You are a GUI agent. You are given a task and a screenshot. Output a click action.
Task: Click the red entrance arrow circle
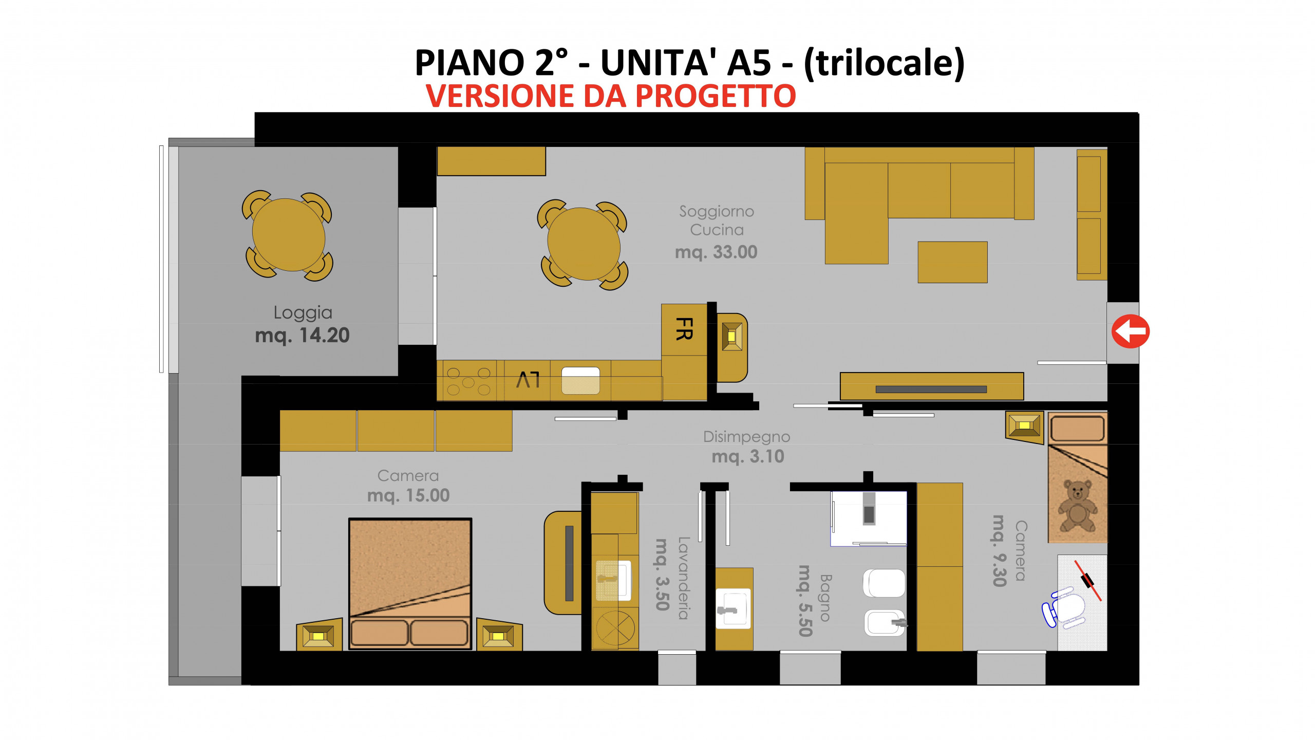1131,331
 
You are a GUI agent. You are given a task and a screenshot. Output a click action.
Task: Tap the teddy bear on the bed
1077,506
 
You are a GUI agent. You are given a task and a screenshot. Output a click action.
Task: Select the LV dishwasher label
528,380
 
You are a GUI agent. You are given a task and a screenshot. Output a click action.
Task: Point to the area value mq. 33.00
716,252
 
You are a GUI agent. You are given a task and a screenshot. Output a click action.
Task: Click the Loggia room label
303,312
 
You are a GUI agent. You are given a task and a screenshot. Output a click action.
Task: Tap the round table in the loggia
289,235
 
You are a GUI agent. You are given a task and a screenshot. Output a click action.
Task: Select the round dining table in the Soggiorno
584,244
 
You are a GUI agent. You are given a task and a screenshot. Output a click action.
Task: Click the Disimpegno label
746,437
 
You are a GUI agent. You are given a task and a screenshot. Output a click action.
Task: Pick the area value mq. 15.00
408,495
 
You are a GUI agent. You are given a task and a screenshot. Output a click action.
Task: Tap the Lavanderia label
683,578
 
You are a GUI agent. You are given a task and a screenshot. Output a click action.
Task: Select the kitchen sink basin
580,380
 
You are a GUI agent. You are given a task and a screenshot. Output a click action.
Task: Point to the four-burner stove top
468,381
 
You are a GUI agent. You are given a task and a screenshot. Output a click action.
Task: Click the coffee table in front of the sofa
952,262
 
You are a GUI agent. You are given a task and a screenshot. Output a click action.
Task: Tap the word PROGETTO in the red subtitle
716,96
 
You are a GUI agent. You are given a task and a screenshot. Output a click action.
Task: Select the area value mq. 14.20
302,336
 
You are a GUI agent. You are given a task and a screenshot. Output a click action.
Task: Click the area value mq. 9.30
999,551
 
